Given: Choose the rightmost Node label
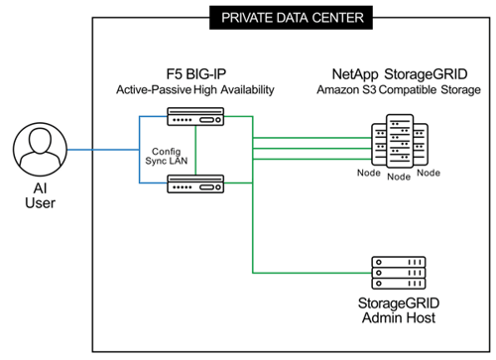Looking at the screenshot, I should click(x=429, y=173).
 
